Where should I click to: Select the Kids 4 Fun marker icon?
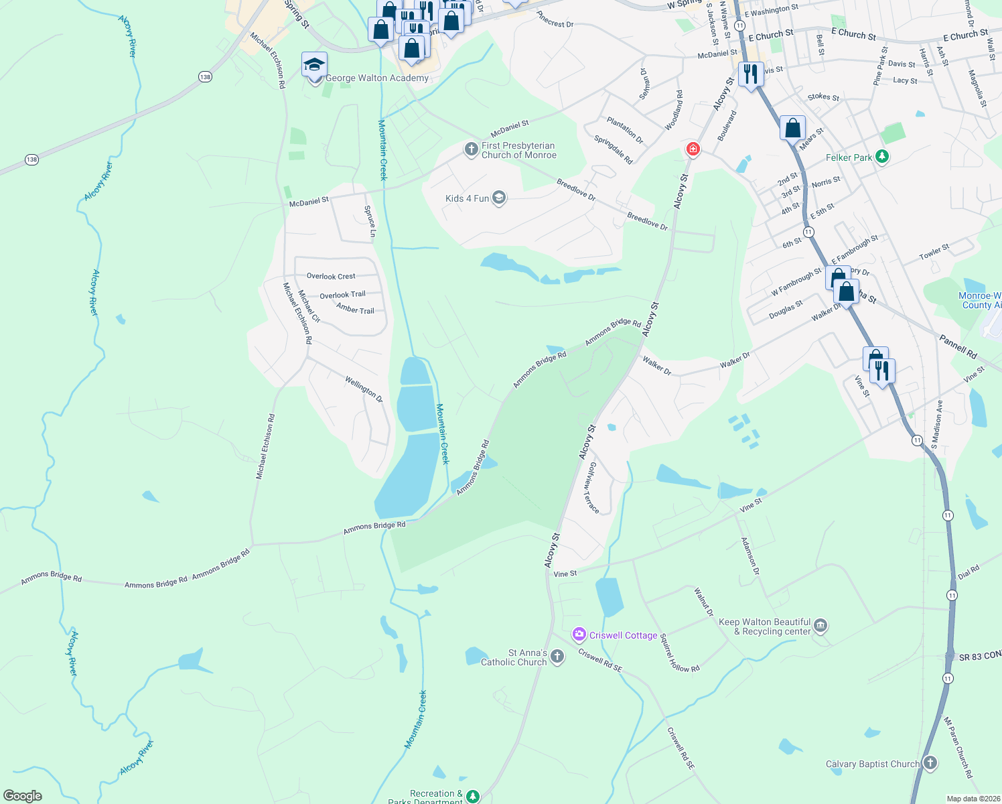(x=498, y=198)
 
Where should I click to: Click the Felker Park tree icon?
(x=882, y=157)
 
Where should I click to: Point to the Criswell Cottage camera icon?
(x=579, y=634)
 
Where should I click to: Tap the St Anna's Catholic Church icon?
(x=557, y=658)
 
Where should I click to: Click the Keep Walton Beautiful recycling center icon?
(x=820, y=626)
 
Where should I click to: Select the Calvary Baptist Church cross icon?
(x=930, y=763)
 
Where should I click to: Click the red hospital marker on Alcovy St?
(x=693, y=149)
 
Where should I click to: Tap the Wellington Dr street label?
(x=364, y=390)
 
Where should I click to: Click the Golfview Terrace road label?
(x=591, y=487)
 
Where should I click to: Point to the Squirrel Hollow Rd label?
(x=679, y=653)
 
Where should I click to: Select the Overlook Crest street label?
(x=331, y=276)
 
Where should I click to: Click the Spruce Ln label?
(x=370, y=221)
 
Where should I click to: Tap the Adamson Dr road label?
(x=750, y=556)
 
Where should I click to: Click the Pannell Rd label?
(x=958, y=346)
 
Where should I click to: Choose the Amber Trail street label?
(x=355, y=310)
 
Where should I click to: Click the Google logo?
(x=23, y=796)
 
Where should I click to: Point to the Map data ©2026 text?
(x=973, y=799)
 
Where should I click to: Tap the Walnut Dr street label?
(x=704, y=602)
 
